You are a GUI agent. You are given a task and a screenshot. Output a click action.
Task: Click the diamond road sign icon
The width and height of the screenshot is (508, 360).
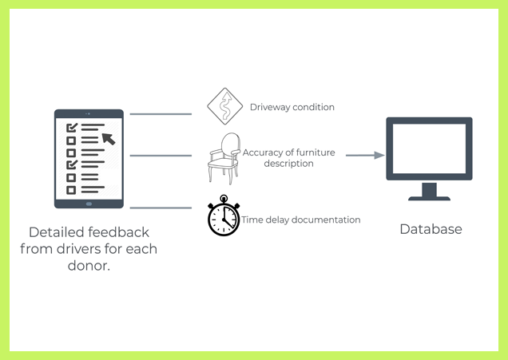click(224, 107)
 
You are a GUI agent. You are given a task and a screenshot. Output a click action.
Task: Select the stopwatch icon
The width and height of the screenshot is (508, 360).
click(223, 216)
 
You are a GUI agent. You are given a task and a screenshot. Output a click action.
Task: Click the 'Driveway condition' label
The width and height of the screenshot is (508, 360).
click(292, 107)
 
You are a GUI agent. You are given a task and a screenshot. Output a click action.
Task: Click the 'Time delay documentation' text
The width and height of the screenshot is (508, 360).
click(301, 220)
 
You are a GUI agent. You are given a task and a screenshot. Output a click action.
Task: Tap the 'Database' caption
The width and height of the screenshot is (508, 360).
click(431, 229)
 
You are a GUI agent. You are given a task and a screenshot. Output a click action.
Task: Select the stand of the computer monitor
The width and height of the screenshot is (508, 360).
click(430, 192)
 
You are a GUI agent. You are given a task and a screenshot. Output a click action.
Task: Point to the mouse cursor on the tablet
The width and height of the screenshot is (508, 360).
click(109, 138)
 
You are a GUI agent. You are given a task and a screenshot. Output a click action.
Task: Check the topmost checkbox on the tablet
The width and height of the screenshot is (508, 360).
click(71, 127)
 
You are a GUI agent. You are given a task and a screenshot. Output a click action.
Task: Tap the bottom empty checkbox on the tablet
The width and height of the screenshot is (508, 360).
click(71, 190)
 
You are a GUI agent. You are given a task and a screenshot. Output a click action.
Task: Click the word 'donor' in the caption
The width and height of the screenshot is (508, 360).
click(86, 265)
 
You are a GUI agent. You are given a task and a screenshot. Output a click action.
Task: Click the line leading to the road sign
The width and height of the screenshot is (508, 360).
click(161, 114)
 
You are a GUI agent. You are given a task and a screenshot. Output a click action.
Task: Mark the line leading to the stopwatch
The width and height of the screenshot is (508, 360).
click(161, 208)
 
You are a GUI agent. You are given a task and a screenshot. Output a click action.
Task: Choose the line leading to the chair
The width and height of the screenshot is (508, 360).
click(161, 156)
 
